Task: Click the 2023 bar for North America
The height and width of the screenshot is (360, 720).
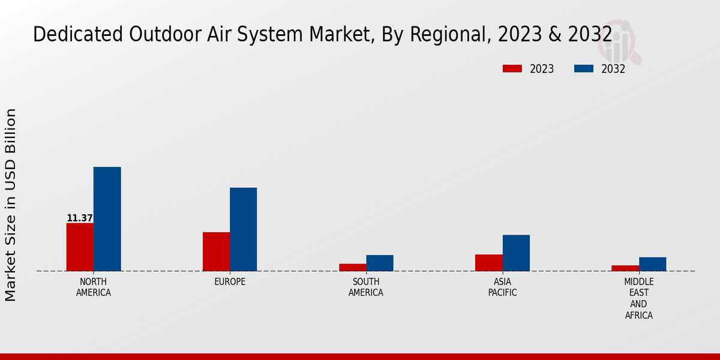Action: point(80,247)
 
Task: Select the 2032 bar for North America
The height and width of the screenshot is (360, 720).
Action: point(107,219)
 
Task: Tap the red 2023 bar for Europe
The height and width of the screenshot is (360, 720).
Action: point(216,251)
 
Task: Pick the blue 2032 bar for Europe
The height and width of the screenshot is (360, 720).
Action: point(243,229)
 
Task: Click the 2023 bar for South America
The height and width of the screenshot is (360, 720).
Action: point(352,268)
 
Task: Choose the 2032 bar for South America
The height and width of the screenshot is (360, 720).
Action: point(380,263)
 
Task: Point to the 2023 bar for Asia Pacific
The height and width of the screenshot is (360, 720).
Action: point(488,263)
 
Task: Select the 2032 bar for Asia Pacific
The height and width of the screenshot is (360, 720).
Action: point(516,253)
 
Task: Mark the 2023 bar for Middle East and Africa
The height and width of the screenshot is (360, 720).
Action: point(625,268)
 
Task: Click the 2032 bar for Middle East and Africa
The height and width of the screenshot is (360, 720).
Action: point(652,264)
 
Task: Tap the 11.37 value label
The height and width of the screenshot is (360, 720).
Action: point(80,218)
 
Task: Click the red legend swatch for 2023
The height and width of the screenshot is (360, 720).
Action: point(512,69)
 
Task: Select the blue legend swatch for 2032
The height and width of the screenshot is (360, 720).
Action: point(583,69)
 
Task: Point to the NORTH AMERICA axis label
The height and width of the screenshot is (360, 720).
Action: point(93,287)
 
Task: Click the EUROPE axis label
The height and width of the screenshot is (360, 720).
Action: point(230,282)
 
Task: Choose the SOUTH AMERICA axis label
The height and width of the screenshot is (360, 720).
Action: point(366,287)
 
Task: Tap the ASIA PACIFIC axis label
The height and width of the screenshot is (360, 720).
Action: point(502,287)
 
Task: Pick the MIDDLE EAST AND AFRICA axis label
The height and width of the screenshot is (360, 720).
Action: point(638,298)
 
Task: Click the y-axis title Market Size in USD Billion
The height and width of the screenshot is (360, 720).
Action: point(11,205)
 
